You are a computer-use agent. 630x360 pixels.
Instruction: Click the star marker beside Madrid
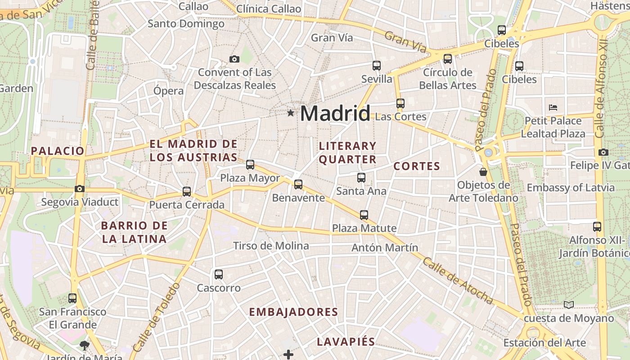291,113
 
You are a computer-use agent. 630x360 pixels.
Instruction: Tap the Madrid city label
335,113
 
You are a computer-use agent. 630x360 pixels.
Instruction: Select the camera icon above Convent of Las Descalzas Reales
234,59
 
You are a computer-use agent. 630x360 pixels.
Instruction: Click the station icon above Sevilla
377,66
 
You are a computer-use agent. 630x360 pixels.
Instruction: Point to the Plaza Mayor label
250,178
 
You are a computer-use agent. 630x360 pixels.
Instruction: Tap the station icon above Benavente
298,184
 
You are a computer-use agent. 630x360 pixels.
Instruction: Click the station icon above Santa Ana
361,178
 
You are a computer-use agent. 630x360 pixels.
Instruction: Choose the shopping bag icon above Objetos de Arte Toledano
483,172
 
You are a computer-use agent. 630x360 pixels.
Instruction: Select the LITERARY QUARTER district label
347,153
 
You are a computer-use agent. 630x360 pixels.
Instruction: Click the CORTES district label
417,166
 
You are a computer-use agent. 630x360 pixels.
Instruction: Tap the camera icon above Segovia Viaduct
80,189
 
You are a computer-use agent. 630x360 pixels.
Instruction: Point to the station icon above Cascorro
219,274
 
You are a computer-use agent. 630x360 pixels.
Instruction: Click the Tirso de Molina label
271,246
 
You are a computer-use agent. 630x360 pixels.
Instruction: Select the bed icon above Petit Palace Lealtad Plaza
553,107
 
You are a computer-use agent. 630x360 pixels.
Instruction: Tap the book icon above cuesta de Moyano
569,305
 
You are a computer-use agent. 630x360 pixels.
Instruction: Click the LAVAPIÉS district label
346,342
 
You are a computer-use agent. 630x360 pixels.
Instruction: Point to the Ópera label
169,90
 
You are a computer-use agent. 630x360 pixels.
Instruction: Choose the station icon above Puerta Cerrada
187,192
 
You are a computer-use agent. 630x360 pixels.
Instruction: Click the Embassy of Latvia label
571,188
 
